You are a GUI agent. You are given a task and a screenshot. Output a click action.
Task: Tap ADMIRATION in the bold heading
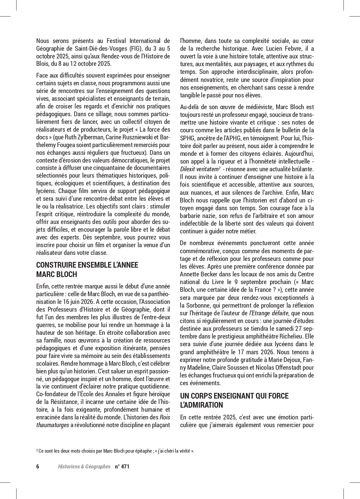202,405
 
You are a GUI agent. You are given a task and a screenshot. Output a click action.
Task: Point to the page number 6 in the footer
38,466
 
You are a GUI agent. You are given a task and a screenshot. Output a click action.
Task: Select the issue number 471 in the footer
125,466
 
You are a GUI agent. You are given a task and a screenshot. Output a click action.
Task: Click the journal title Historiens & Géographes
84,466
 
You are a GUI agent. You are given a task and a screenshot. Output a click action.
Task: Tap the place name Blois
43,64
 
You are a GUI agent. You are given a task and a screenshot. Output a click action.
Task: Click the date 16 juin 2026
76,302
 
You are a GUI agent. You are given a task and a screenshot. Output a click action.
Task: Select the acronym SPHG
187,138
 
